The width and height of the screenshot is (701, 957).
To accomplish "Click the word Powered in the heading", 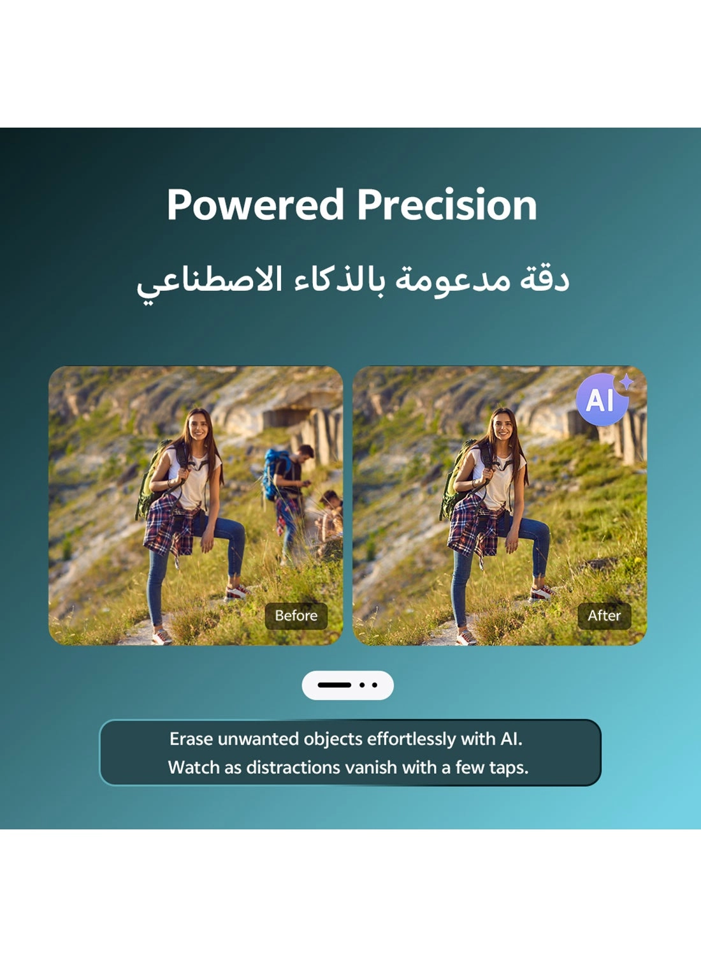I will pyautogui.click(x=255, y=205).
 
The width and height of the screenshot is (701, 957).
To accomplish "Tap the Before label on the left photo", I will pyautogui.click(x=296, y=616).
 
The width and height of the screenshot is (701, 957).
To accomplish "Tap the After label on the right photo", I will pyautogui.click(x=603, y=616).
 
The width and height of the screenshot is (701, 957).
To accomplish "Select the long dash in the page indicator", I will pyautogui.click(x=334, y=685).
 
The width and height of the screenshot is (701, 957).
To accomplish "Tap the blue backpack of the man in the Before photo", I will pyautogui.click(x=273, y=472).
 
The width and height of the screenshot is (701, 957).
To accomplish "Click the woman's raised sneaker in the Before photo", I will pyautogui.click(x=236, y=592).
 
